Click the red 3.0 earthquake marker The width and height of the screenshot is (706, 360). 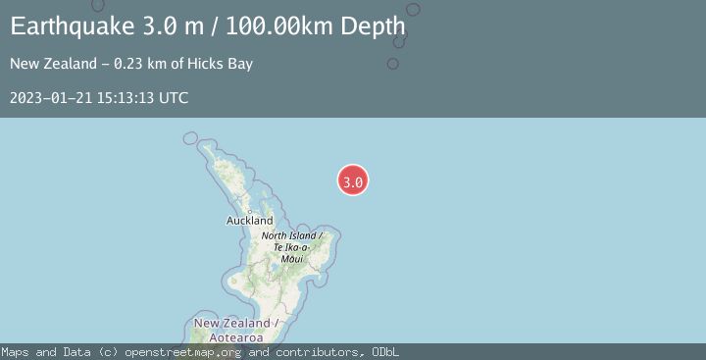(353, 180)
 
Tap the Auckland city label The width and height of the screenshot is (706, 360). (250, 221)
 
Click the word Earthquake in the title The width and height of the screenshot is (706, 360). (69, 26)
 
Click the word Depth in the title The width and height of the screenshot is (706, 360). (374, 26)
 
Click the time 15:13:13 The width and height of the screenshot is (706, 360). (123, 97)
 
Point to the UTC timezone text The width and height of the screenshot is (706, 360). (173, 97)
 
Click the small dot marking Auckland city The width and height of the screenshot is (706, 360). (250, 211)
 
